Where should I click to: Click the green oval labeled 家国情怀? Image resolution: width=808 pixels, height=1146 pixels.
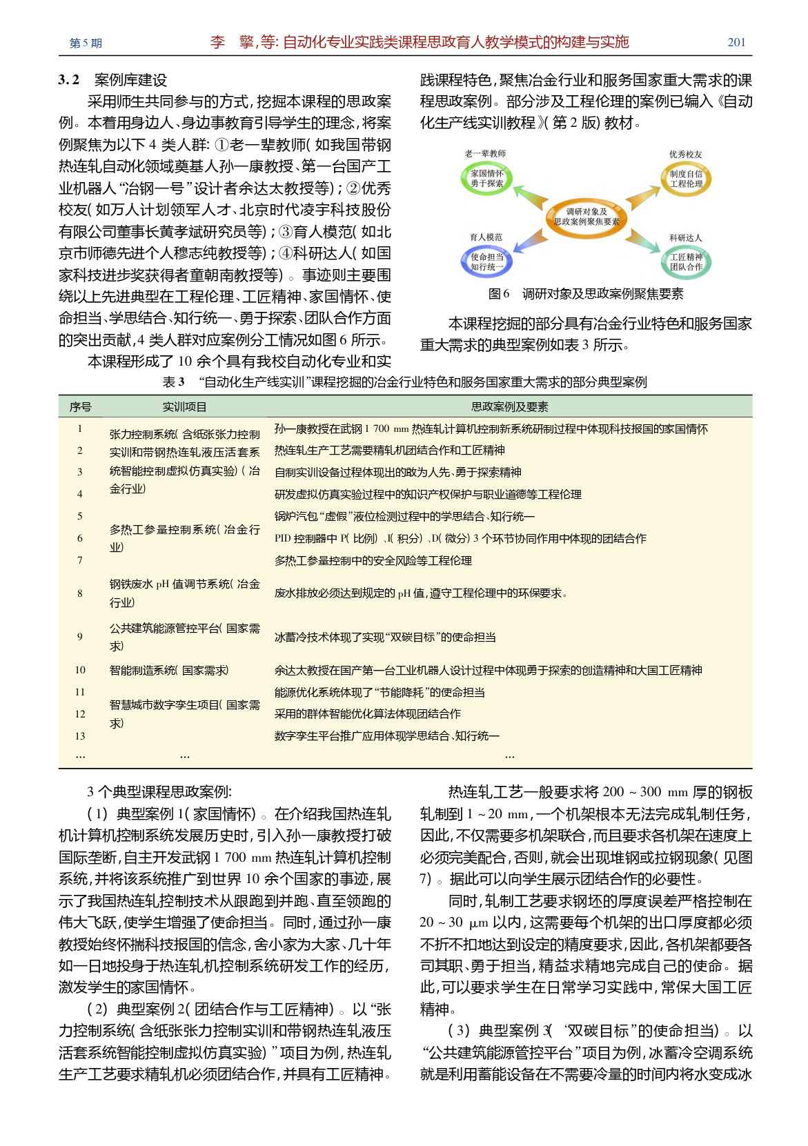pyautogui.click(x=486, y=178)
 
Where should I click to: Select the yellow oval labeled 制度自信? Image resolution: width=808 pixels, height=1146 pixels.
pyautogui.click(x=686, y=179)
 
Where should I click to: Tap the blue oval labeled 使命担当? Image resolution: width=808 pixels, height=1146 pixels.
pyautogui.click(x=486, y=261)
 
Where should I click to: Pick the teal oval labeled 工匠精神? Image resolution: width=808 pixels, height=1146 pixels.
pyautogui.click(x=686, y=261)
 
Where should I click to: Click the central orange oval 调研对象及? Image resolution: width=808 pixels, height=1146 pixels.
pyautogui.click(x=587, y=217)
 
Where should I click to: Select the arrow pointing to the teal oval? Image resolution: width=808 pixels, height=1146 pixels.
pyautogui.click(x=643, y=241)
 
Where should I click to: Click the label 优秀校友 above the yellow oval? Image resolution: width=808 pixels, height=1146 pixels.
pyautogui.click(x=685, y=155)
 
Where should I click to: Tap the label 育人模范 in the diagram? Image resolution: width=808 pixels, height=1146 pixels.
pyautogui.click(x=486, y=237)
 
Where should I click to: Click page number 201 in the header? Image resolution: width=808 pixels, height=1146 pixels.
pyautogui.click(x=736, y=43)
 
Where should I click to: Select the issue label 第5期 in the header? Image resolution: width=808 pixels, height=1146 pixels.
pyautogui.click(x=86, y=43)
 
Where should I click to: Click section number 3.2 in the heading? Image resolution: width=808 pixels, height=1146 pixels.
pyautogui.click(x=69, y=80)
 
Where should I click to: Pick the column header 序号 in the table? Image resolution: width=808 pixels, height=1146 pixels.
pyautogui.click(x=80, y=407)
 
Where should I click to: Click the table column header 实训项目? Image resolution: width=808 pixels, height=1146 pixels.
pyautogui.click(x=184, y=407)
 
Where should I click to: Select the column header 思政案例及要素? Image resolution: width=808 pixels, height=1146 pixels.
pyautogui.click(x=509, y=407)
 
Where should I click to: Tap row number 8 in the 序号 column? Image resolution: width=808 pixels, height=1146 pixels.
pyautogui.click(x=80, y=593)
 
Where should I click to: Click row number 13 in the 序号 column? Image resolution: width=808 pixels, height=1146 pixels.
pyautogui.click(x=80, y=736)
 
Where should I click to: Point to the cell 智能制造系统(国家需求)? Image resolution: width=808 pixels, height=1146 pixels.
pyautogui.click(x=169, y=670)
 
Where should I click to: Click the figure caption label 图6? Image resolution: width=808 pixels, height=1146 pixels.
pyautogui.click(x=498, y=294)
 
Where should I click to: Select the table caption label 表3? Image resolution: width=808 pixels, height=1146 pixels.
pyautogui.click(x=173, y=382)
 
